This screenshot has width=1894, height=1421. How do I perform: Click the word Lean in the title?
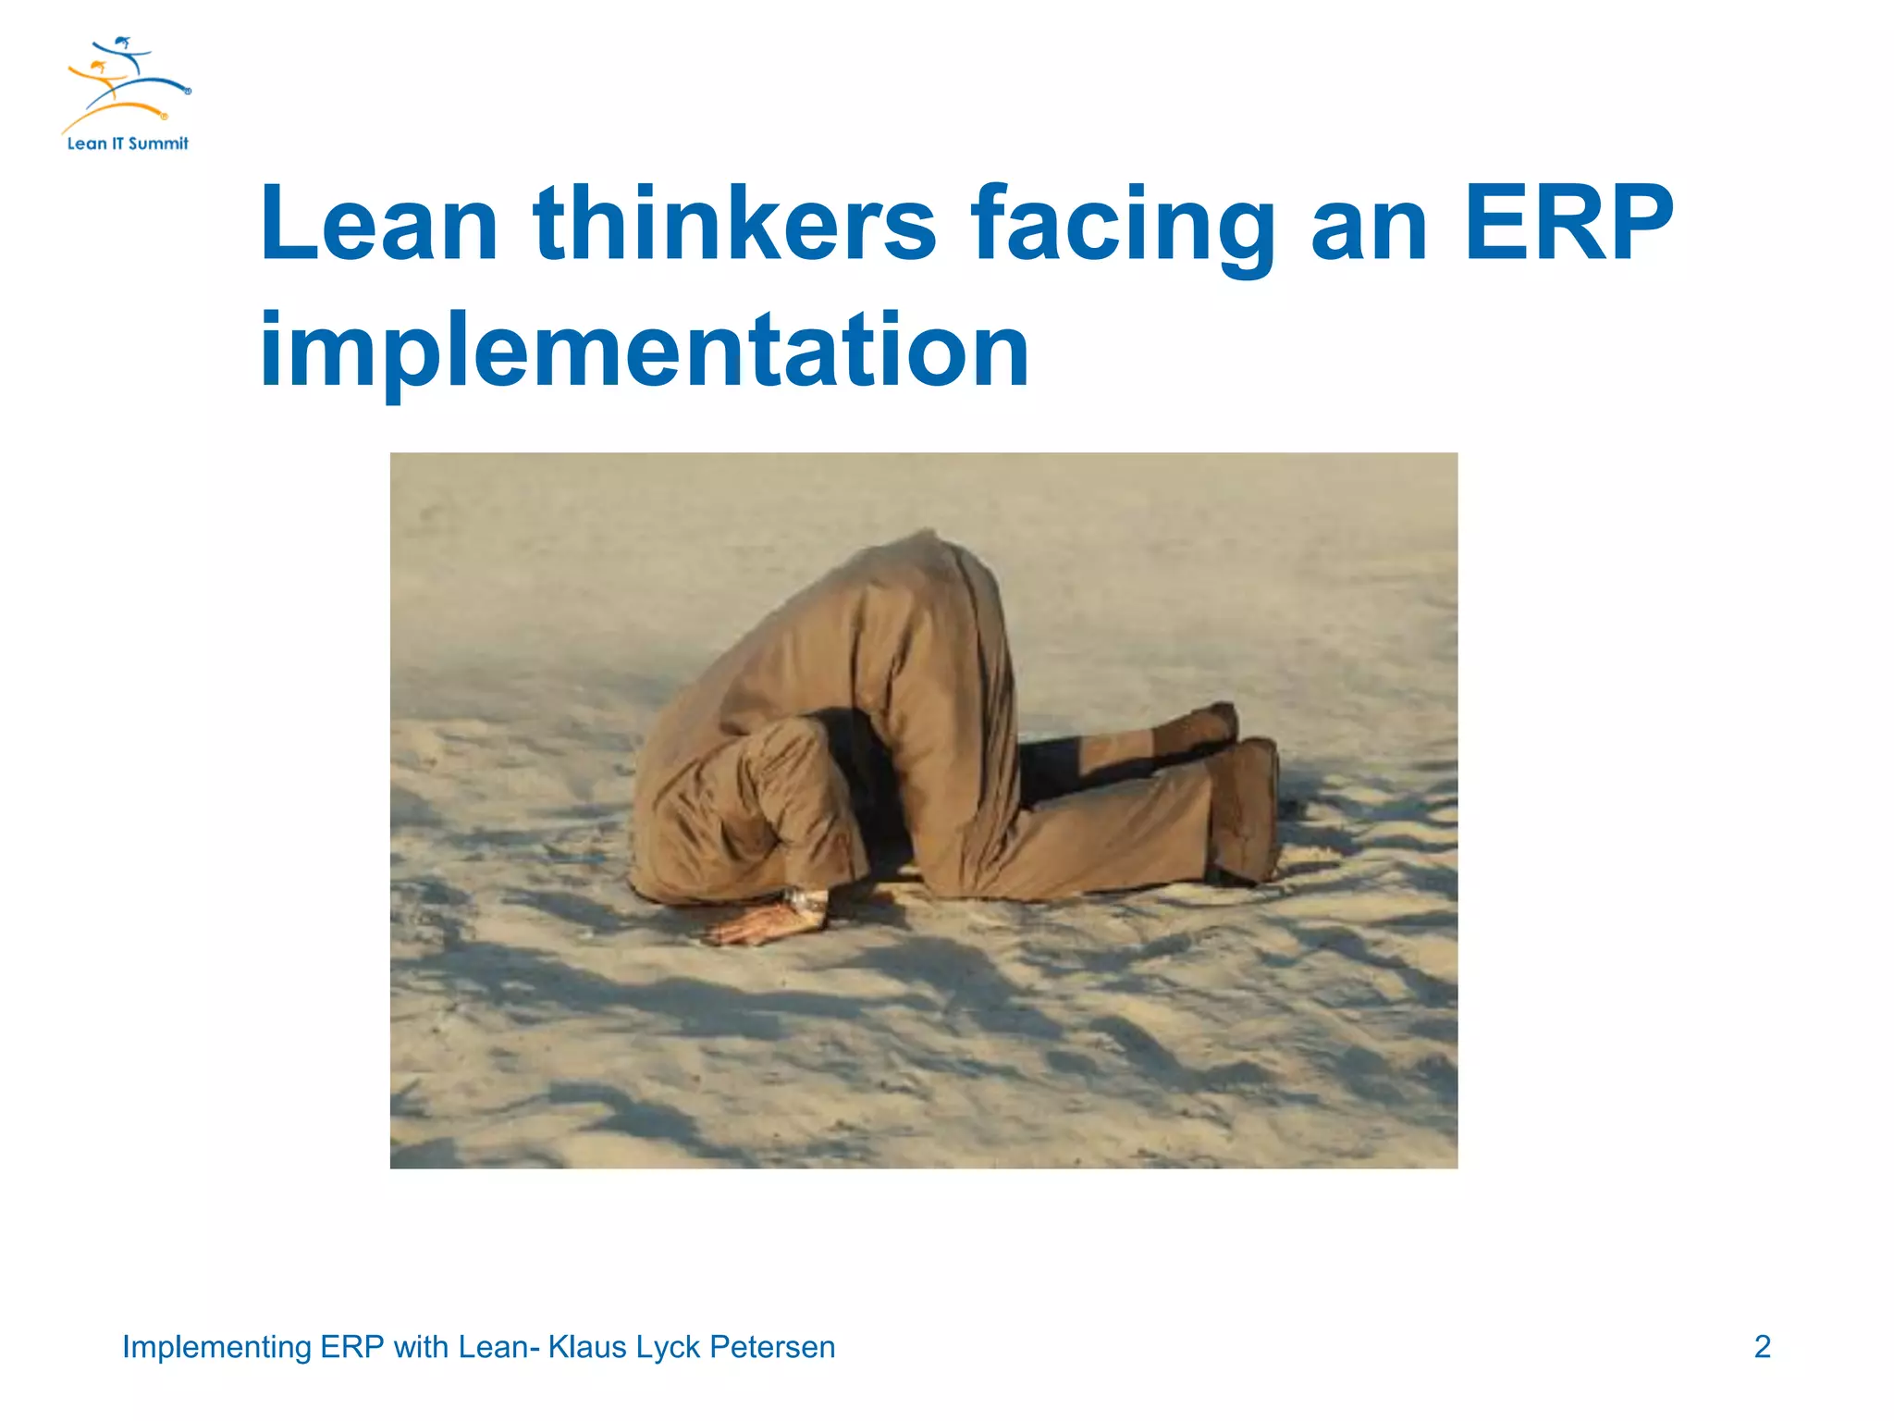[x=379, y=225]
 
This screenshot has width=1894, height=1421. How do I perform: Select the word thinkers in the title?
[x=735, y=225]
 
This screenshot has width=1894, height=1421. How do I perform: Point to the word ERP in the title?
[x=1568, y=225]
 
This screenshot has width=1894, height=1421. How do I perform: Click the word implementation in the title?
[x=645, y=352]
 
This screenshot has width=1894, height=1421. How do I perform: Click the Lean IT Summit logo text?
[x=128, y=143]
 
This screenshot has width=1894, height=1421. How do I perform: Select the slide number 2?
[x=1762, y=1347]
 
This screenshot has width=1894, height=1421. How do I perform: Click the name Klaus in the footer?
[x=588, y=1347]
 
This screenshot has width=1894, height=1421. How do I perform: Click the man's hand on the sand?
[x=754, y=926]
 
